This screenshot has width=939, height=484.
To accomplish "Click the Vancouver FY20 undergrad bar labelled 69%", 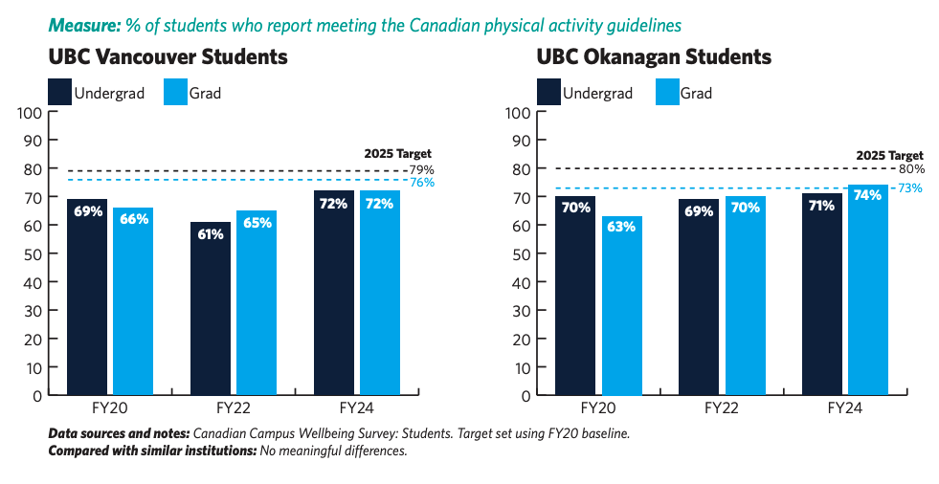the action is click(87, 297).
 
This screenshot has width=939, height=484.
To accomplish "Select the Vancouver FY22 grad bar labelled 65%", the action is click(257, 302).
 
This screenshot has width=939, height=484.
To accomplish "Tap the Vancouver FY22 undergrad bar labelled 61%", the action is click(211, 308).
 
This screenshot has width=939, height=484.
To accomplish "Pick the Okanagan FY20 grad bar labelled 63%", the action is click(622, 306).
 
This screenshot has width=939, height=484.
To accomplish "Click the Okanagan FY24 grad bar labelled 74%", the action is click(868, 290).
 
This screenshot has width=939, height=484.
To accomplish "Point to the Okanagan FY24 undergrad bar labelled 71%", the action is click(821, 295).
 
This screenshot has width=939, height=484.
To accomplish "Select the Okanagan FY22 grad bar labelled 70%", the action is click(746, 296).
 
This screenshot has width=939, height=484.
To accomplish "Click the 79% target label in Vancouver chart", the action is click(421, 170).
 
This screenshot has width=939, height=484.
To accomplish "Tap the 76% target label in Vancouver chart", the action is click(421, 183).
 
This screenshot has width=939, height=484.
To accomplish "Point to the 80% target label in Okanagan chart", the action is click(911, 168).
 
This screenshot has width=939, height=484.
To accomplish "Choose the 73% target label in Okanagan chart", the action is click(910, 187).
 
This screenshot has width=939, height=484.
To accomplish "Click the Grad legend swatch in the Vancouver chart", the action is click(175, 92).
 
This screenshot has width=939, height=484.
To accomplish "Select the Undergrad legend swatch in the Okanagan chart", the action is click(548, 92).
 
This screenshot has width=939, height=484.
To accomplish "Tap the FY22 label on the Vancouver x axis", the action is click(233, 408).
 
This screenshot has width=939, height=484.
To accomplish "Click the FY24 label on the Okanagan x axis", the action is click(844, 408).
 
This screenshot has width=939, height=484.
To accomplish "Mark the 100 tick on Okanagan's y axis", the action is click(518, 113).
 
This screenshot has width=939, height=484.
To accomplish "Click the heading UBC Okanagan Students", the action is click(654, 56).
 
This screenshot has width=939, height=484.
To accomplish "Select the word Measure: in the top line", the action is click(84, 26).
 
